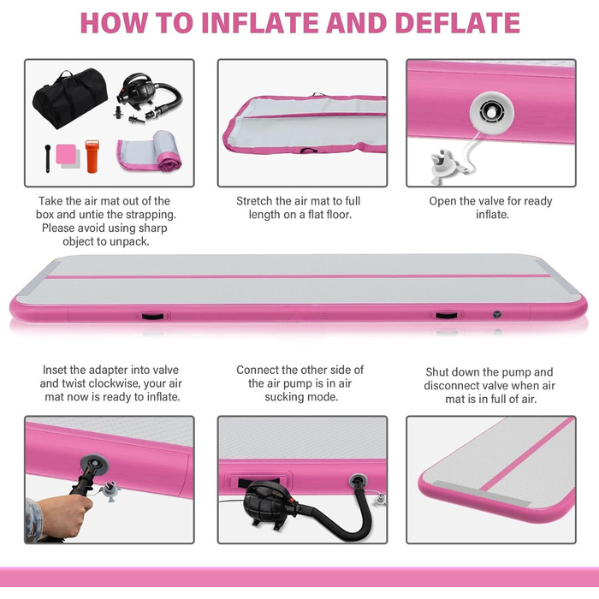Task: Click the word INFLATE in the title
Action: click(x=260, y=23)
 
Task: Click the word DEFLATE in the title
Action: click(x=458, y=23)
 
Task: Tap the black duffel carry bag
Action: click(x=70, y=98)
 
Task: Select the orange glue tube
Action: click(x=92, y=157)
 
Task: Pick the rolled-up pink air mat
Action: click(x=150, y=151)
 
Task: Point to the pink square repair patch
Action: click(x=66, y=154)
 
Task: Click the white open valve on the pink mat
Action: click(x=492, y=112)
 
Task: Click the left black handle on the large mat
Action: click(x=152, y=317)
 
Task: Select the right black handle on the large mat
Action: click(x=446, y=316)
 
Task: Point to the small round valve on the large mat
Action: click(x=496, y=314)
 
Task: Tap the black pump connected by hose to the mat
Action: click(x=270, y=504)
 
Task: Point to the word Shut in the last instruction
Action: click(x=436, y=372)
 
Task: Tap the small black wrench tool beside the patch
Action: click(x=47, y=158)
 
